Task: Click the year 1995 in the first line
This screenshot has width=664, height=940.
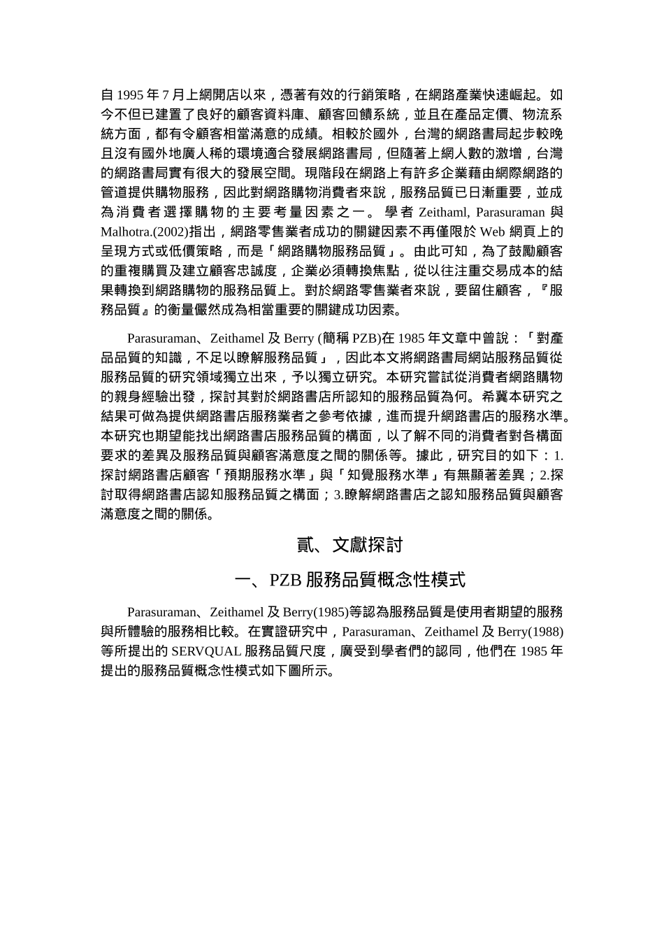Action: pyautogui.click(x=131, y=95)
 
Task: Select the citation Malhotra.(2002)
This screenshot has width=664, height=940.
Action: pyautogui.click(x=145, y=232)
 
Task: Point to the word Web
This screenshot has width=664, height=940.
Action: pyautogui.click(x=493, y=232)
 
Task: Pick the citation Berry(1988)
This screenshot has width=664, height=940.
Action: pyautogui.click(x=531, y=632)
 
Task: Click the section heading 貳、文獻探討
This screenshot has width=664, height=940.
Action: pyautogui.click(x=350, y=545)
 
